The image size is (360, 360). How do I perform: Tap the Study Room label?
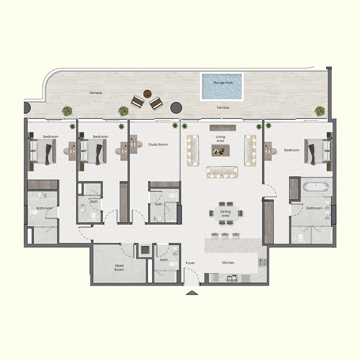158,144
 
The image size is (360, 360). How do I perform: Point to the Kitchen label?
228,263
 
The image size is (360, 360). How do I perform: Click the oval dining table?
225,213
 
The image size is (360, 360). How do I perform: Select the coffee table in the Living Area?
220,151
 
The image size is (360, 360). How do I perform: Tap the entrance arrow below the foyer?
192,293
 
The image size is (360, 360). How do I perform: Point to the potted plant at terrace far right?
319,110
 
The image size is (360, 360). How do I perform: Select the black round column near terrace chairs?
176,107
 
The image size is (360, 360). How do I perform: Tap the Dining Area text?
225,213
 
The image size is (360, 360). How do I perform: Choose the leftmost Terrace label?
95,93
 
